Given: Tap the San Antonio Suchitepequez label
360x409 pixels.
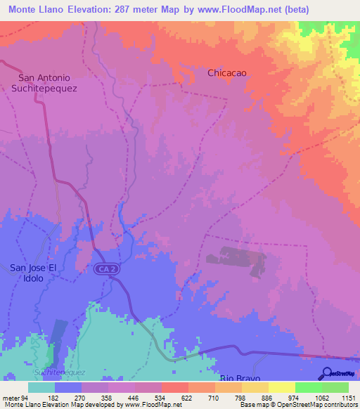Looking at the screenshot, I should pos(44,83).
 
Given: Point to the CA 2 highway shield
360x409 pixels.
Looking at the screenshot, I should pos(105,270).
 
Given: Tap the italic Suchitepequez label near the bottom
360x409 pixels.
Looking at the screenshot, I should pos(59,371).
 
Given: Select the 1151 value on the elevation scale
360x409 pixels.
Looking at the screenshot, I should pos(348,398).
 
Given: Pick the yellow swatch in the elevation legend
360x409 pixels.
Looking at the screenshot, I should pos(281,387).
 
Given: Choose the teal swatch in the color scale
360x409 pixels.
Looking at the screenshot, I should pos(41,387).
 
